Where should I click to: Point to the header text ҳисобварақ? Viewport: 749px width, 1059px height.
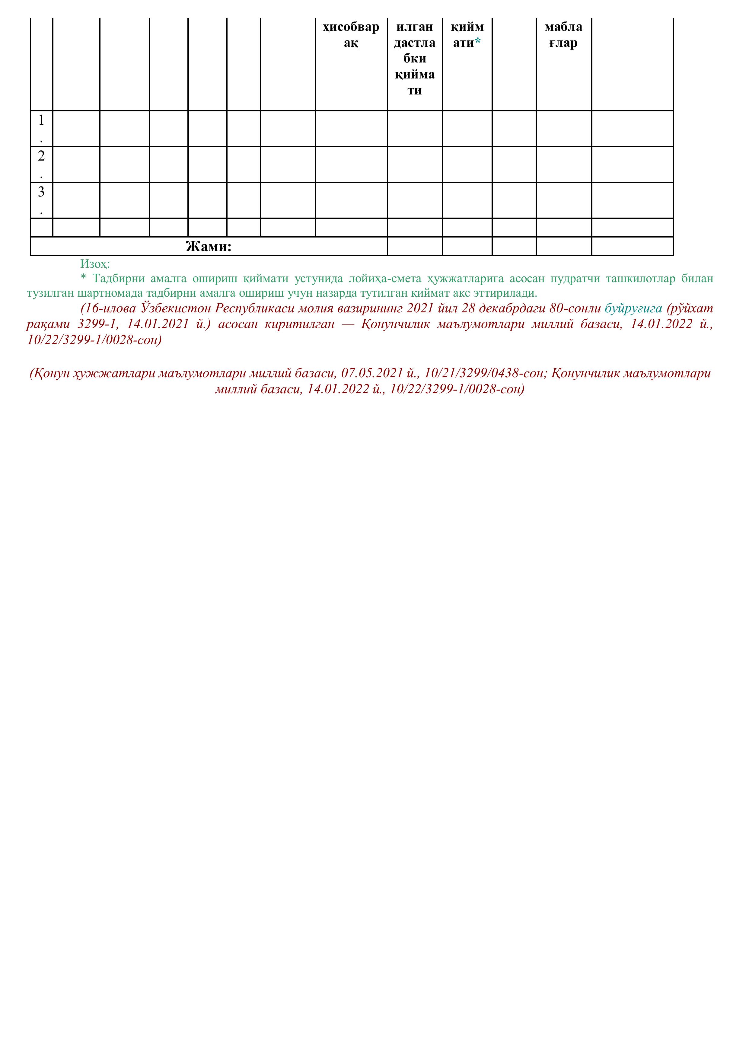coord(351,35)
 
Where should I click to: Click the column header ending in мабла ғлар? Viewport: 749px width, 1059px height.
coord(564,35)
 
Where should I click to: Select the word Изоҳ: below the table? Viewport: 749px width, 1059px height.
coord(95,264)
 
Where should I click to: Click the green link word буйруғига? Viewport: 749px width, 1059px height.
coord(633,308)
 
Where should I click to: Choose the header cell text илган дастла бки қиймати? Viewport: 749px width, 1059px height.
coord(415,58)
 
